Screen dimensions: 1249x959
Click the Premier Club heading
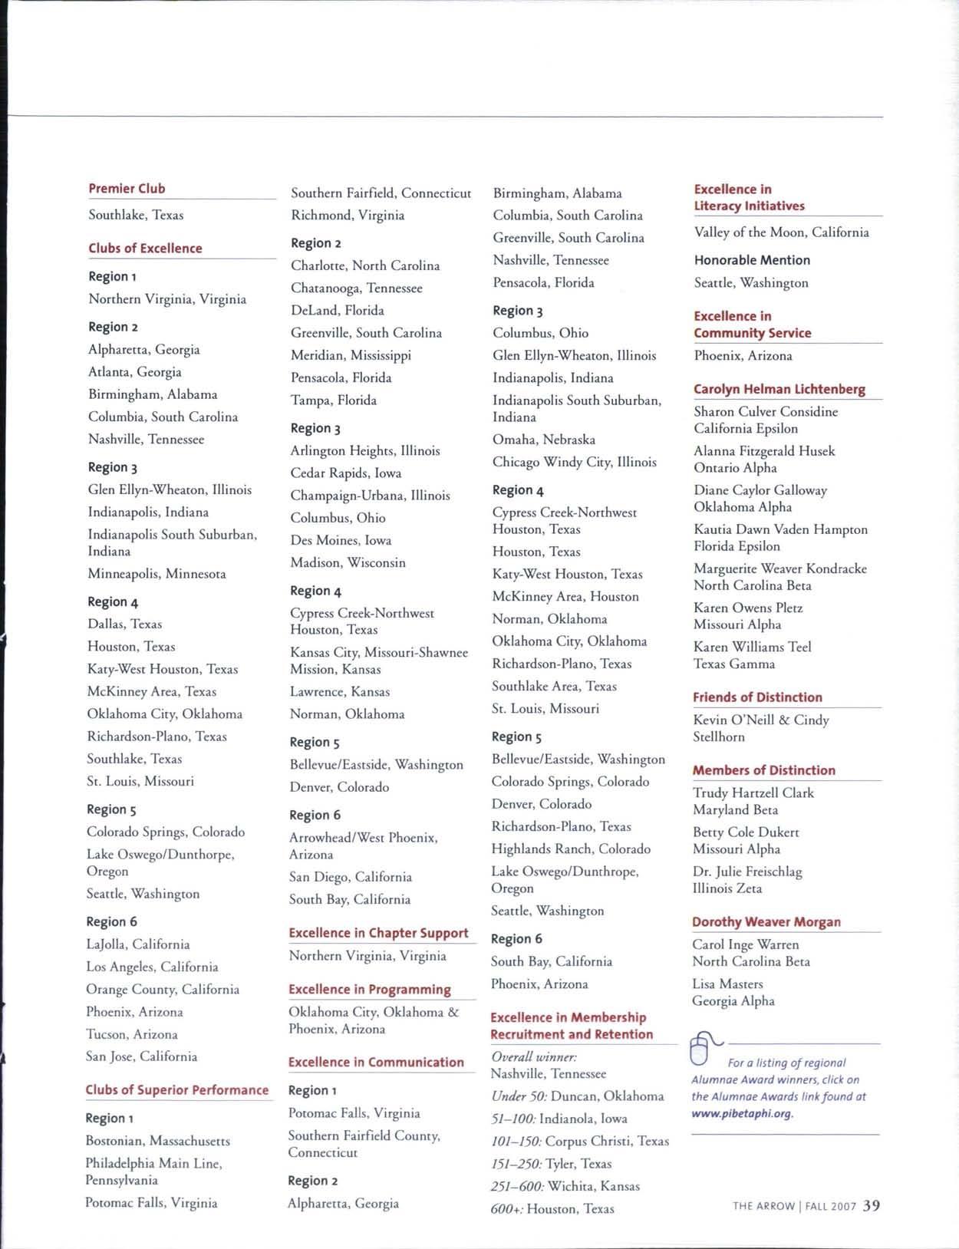point(127,189)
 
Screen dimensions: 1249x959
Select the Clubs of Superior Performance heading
point(177,1090)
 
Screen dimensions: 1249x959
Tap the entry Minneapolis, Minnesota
point(157,574)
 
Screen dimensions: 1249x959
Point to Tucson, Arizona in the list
point(132,1034)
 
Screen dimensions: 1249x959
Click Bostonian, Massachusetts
point(157,1141)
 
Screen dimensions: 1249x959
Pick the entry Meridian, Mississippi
point(351,355)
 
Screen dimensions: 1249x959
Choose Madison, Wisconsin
point(348,562)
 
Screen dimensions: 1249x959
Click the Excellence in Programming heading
point(370,990)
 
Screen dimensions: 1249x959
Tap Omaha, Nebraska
point(544,440)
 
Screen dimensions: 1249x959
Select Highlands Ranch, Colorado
point(571,849)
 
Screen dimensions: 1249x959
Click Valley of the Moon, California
point(781,232)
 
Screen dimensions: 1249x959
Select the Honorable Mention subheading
point(752,260)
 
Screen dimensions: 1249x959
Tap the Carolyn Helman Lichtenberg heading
point(779,389)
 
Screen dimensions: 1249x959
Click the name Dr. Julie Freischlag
point(747,872)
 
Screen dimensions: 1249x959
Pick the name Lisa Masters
point(727,984)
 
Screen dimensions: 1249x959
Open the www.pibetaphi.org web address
point(742,1113)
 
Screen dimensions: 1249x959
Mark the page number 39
point(871,1205)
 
